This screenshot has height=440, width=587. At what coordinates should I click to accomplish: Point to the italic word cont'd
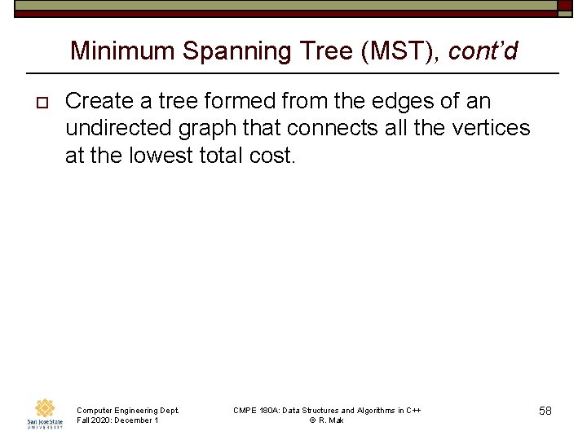[483, 51]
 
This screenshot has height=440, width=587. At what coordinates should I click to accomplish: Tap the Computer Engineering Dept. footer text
[127, 410]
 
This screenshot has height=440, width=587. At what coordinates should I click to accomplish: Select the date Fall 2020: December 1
[117, 420]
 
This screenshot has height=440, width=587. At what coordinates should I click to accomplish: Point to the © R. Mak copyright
[326, 420]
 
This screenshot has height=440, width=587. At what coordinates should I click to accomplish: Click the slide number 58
[545, 411]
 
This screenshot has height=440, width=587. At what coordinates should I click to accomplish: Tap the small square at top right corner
[565, 5]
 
